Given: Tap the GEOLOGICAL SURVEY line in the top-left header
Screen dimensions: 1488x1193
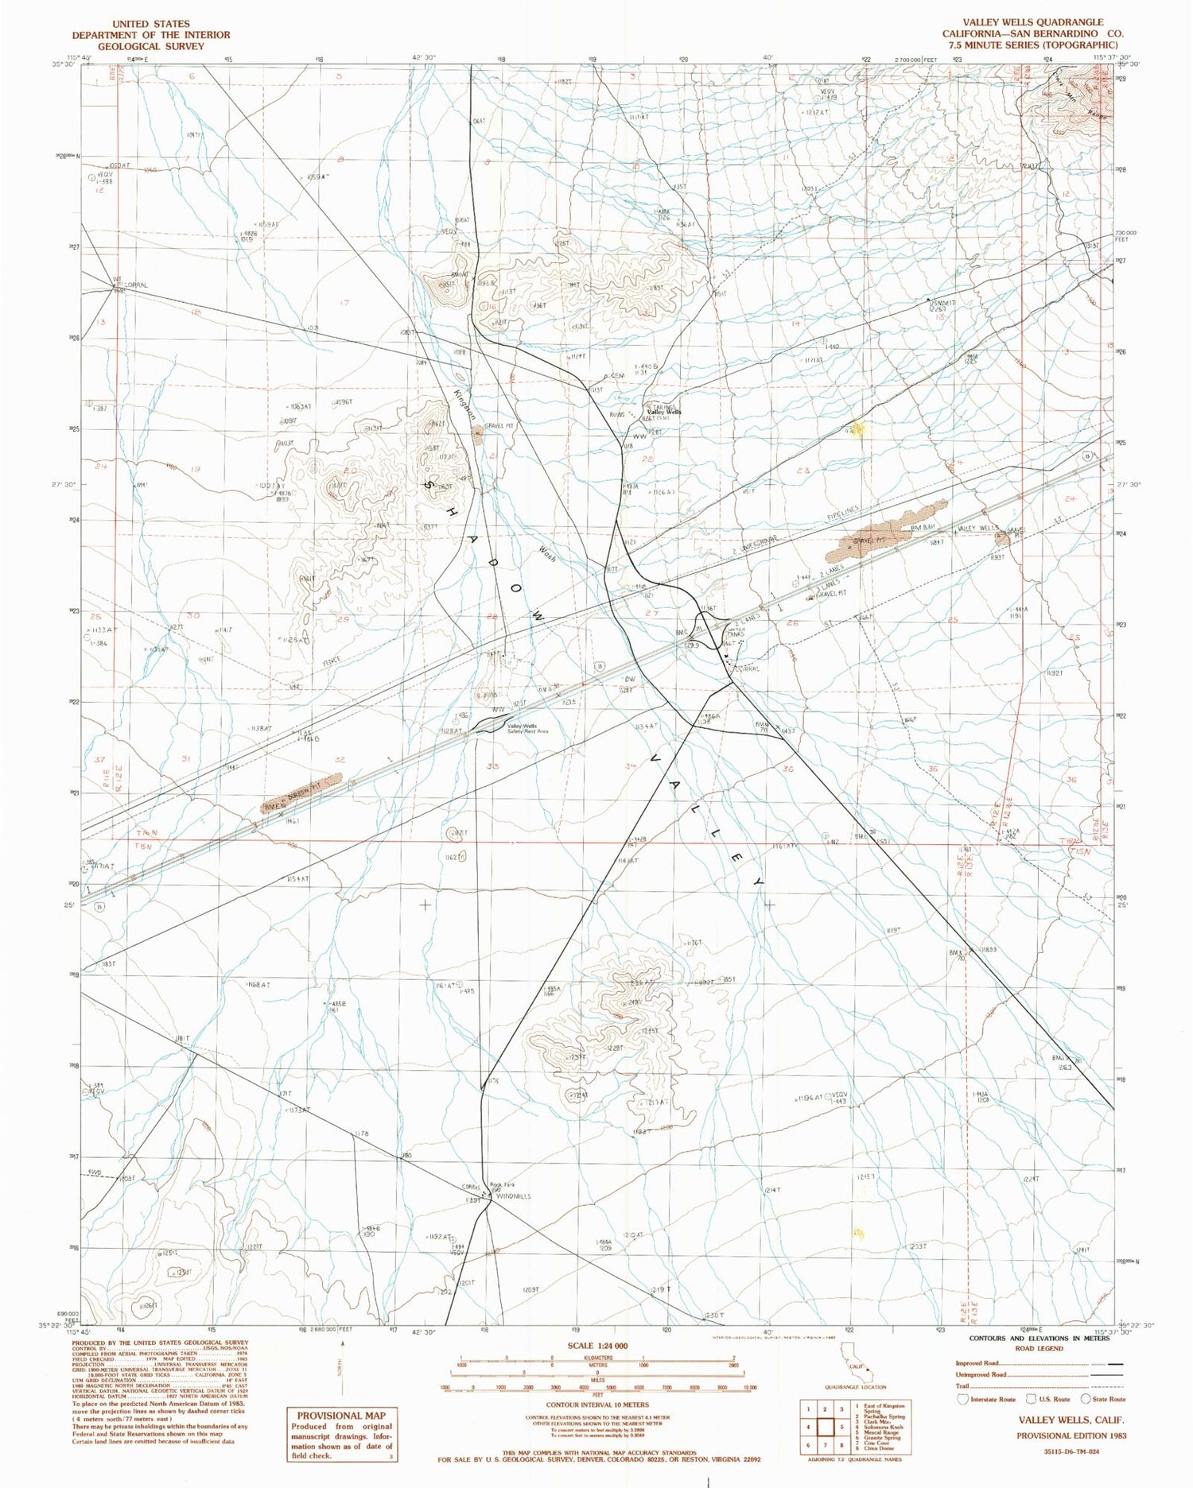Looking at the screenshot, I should click(151, 46).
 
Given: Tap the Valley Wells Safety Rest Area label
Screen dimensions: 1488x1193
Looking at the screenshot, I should click(522, 729).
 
